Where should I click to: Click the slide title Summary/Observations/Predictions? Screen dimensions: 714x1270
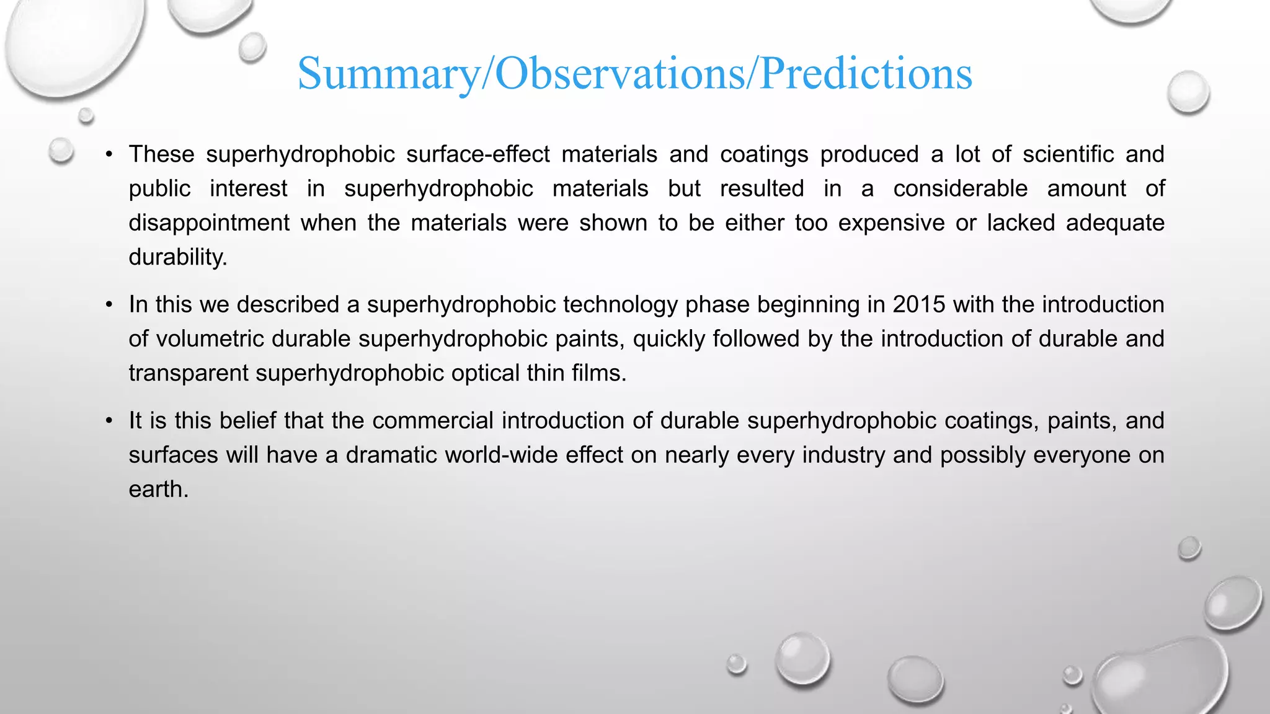[x=634, y=74]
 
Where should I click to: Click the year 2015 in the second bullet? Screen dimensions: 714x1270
[x=919, y=305]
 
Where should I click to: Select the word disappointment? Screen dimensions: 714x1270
[x=209, y=223]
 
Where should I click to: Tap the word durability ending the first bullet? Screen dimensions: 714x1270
[x=177, y=257]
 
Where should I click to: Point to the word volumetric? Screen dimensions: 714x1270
[x=210, y=339]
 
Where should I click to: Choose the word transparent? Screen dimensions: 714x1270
[x=189, y=373]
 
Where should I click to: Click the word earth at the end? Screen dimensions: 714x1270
[x=158, y=490]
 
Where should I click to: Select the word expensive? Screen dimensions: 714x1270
[x=891, y=223]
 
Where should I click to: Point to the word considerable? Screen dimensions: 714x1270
[x=960, y=188]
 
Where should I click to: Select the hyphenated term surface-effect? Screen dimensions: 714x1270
[x=477, y=154]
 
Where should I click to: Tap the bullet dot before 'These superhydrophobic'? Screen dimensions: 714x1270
[x=109, y=154]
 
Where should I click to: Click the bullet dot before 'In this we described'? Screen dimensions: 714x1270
[x=109, y=305]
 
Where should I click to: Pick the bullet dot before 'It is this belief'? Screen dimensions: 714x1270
[x=109, y=421]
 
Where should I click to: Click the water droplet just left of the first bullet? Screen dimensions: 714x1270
[x=61, y=151]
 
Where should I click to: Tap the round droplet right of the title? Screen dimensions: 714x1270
[x=1188, y=92]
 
